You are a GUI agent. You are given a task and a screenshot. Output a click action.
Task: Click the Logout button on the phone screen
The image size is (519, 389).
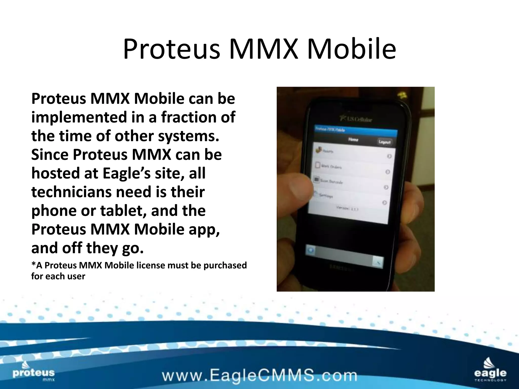[x=384, y=142]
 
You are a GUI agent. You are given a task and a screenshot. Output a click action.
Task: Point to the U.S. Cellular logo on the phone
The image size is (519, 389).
[x=356, y=119]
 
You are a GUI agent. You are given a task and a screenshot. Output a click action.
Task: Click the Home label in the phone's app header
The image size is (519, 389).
[x=353, y=140]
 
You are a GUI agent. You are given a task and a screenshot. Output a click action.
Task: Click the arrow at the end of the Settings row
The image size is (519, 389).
[x=384, y=203]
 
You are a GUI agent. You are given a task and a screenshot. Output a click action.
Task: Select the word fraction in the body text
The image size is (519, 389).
[x=189, y=117]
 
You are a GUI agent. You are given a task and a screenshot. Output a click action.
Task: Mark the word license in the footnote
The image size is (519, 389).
[x=151, y=265]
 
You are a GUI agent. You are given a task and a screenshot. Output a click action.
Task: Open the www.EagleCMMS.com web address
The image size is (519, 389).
[x=259, y=375]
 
